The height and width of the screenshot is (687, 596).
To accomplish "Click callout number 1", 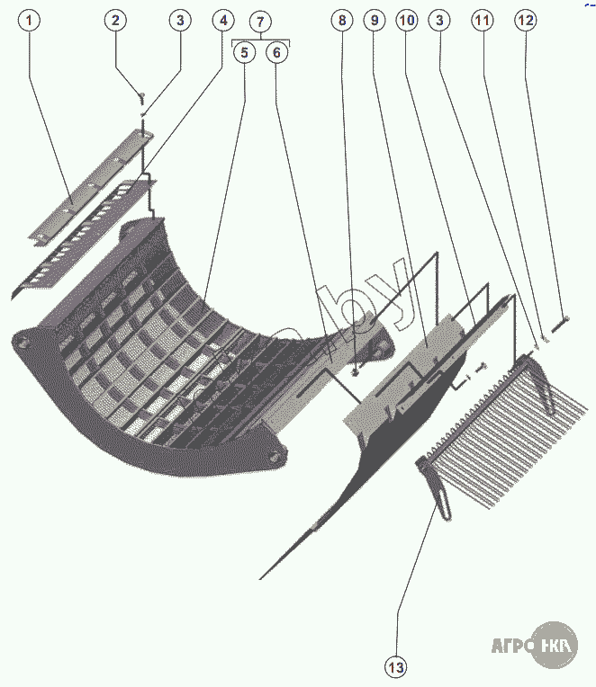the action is point(30,19).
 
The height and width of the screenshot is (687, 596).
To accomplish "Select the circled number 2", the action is point(115,19).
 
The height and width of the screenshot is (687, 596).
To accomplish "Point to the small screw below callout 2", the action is point(141,95).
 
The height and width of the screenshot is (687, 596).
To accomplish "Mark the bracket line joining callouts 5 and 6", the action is point(260,40).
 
